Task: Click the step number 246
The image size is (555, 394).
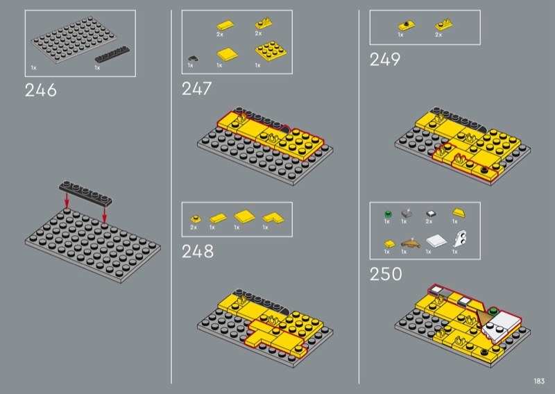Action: [41, 90]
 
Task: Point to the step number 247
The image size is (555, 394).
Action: [196, 89]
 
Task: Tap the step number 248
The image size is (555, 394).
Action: [198, 251]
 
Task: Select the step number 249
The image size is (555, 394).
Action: [385, 59]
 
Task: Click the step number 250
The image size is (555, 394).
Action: [386, 273]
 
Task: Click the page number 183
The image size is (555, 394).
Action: [539, 381]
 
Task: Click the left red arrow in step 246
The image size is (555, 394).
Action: [67, 200]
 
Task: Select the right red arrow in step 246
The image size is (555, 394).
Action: [104, 214]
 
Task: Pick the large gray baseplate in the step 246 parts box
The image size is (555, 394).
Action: [74, 39]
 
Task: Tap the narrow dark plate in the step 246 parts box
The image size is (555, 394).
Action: [112, 54]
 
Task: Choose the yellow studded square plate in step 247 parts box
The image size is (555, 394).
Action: [271, 51]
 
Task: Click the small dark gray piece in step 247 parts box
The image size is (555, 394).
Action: [193, 58]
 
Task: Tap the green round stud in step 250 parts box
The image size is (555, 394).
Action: [388, 214]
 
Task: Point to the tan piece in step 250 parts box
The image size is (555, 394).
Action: [410, 243]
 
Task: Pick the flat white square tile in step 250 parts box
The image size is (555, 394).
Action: [436, 241]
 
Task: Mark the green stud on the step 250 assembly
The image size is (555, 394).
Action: [493, 311]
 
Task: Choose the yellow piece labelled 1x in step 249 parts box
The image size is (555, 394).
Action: [406, 26]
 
